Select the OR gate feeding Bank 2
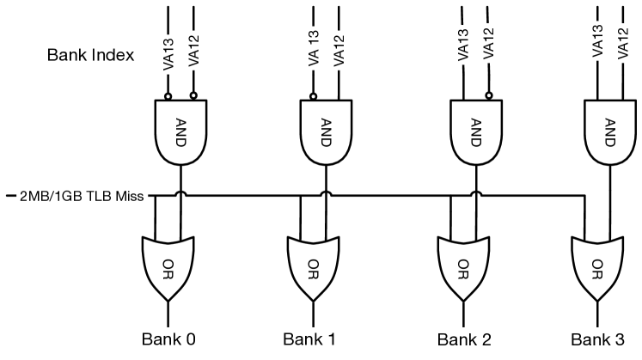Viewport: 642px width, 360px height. (463, 265)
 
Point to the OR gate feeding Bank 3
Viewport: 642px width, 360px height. (599, 265)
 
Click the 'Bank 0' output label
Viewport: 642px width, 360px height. (168, 339)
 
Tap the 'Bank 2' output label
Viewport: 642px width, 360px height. (464, 339)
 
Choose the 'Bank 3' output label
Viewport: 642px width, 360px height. (599, 339)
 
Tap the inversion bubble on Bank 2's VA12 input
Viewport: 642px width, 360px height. (489, 96)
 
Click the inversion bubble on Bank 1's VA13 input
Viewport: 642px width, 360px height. (314, 96)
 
